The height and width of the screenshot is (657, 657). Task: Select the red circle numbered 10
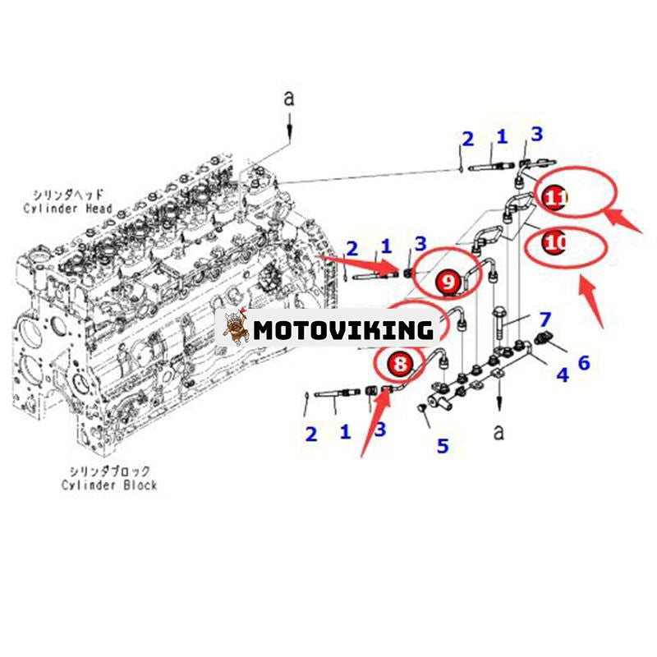(556, 243)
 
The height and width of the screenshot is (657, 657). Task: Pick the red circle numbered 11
(556, 196)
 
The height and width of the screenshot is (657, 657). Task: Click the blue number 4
(563, 375)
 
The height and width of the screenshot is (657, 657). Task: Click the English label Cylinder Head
(69, 209)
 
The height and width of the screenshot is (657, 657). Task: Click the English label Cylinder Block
(109, 485)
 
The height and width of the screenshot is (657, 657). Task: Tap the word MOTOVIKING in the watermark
(343, 330)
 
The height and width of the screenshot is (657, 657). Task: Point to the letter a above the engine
(288, 99)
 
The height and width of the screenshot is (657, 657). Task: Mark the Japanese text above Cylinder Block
(109, 471)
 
